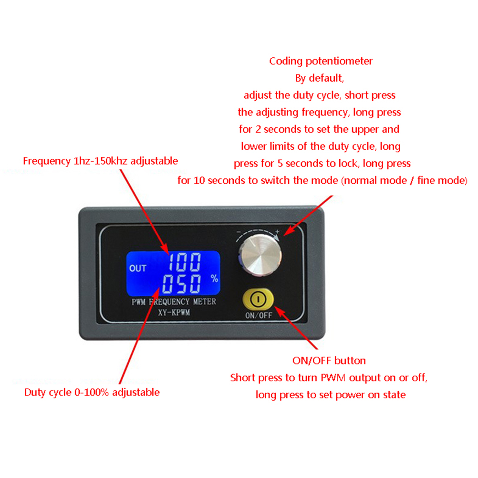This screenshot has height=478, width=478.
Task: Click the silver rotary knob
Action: click(260, 255)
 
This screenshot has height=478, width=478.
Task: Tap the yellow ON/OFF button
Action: click(258, 299)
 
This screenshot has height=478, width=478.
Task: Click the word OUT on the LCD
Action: click(138, 269)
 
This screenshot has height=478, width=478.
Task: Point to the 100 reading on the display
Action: click(185, 262)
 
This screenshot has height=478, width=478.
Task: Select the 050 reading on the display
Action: click(182, 284)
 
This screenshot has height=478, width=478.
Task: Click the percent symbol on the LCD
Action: click(214, 278)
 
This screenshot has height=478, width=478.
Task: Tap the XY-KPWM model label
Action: click(174, 312)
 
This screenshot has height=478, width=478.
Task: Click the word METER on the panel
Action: click(205, 302)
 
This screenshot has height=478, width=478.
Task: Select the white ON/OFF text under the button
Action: click(259, 315)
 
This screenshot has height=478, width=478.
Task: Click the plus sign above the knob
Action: click(277, 232)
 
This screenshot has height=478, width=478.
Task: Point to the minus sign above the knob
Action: click(239, 233)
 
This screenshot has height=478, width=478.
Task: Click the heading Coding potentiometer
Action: click(321, 61)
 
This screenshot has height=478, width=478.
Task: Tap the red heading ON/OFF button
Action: click(329, 361)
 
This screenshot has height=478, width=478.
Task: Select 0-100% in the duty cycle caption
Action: click(92, 392)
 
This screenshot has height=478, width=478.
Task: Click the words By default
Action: click(319, 78)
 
